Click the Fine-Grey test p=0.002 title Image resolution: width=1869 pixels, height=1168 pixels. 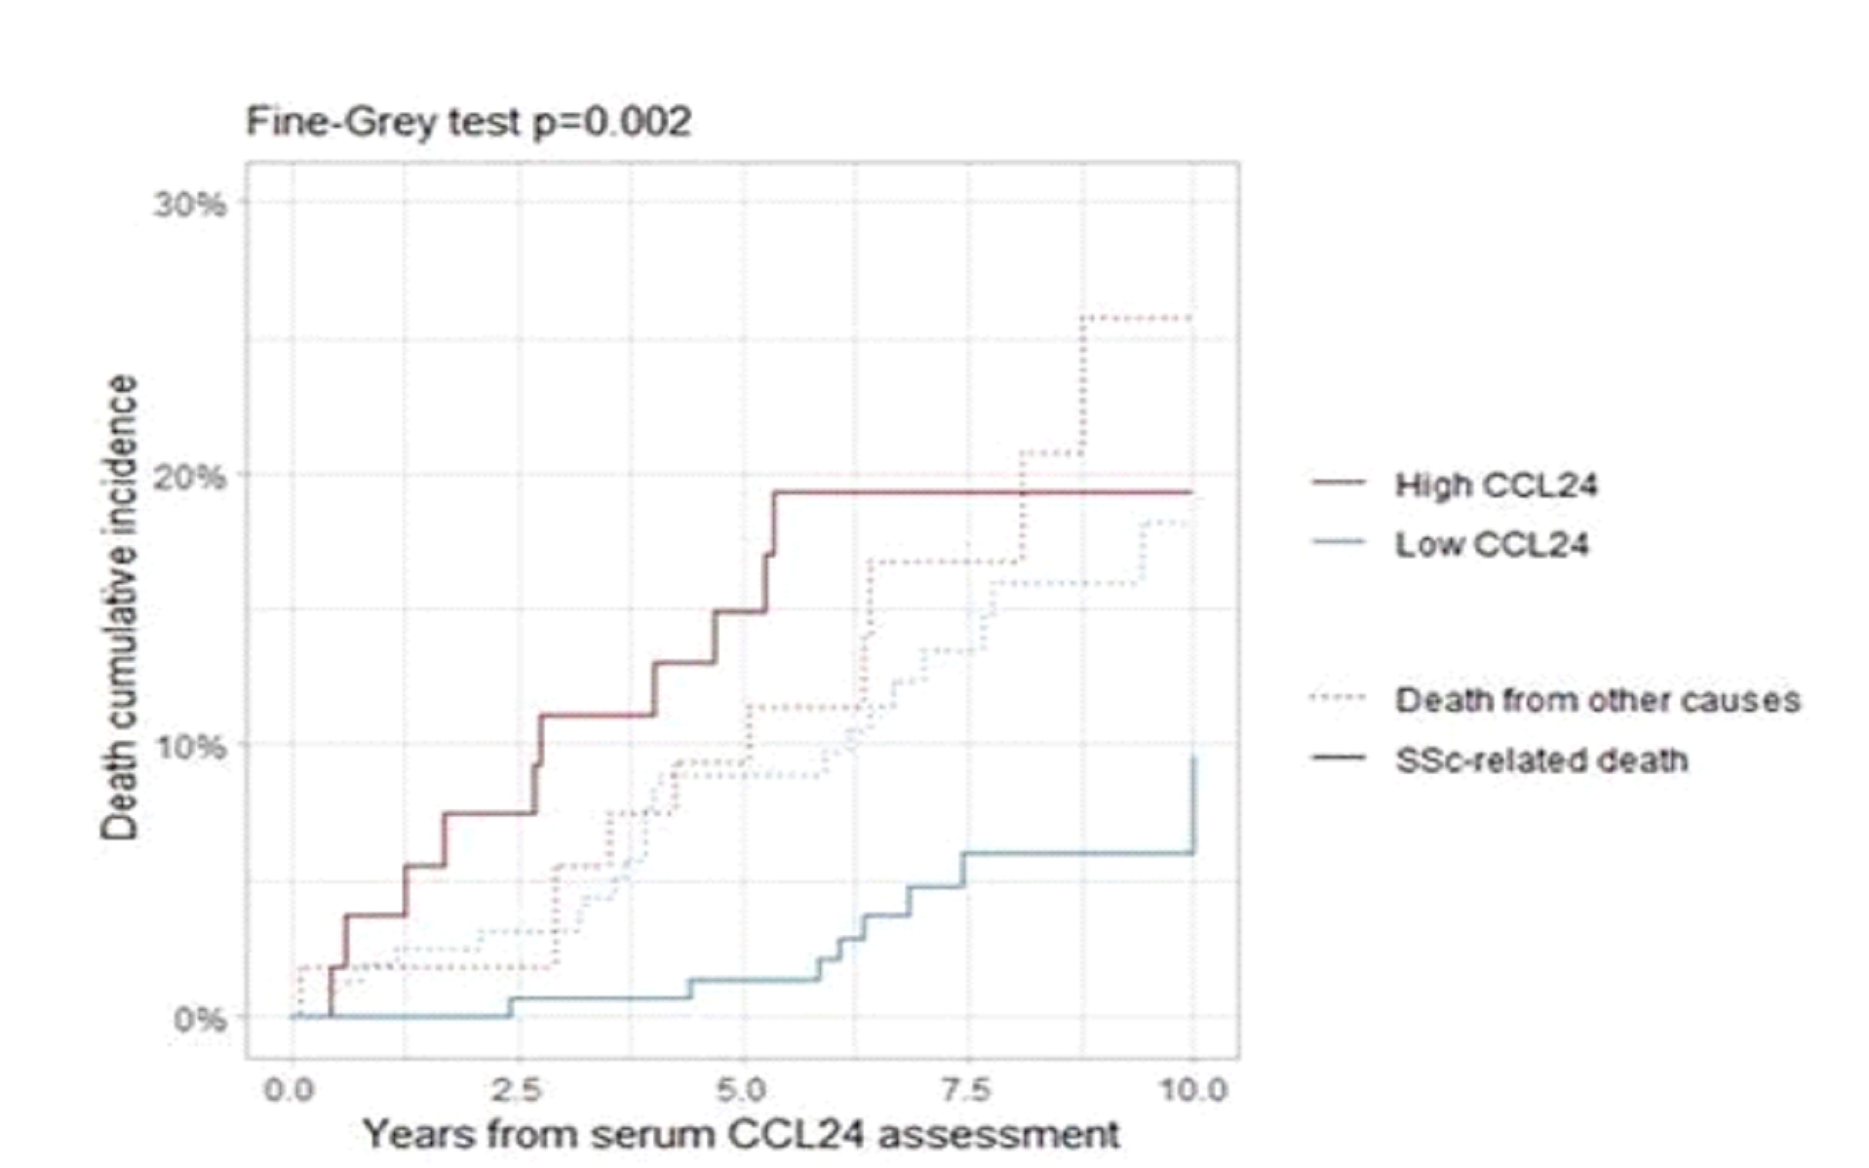point(468,123)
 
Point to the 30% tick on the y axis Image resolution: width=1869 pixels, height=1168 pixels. point(189,204)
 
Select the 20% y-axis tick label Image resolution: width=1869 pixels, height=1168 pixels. point(189,477)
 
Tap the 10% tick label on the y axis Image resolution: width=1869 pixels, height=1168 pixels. point(189,748)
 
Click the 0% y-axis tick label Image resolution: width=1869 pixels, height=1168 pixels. point(199,1020)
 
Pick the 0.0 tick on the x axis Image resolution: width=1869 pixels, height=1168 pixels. point(290,1089)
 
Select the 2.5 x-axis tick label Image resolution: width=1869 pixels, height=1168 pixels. point(517,1089)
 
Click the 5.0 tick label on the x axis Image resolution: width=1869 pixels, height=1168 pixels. point(744,1089)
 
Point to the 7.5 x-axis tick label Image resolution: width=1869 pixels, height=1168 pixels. point(968,1089)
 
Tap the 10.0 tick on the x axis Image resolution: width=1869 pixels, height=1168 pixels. point(1192,1089)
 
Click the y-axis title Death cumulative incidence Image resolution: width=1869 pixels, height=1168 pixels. point(121,606)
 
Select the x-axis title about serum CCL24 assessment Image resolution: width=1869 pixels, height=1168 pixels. point(741,1135)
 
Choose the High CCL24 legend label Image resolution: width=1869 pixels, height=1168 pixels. point(1496,485)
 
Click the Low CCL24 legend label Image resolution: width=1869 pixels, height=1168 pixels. point(1492,544)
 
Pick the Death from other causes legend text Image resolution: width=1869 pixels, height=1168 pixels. point(1597,700)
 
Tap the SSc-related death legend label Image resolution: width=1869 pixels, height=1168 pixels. point(1541,760)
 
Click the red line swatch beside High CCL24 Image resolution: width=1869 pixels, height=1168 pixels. point(1339,483)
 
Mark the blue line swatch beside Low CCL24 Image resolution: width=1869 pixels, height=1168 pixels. point(1339,542)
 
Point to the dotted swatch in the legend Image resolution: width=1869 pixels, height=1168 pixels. point(1339,698)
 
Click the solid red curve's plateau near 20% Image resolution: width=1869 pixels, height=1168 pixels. point(975,491)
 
